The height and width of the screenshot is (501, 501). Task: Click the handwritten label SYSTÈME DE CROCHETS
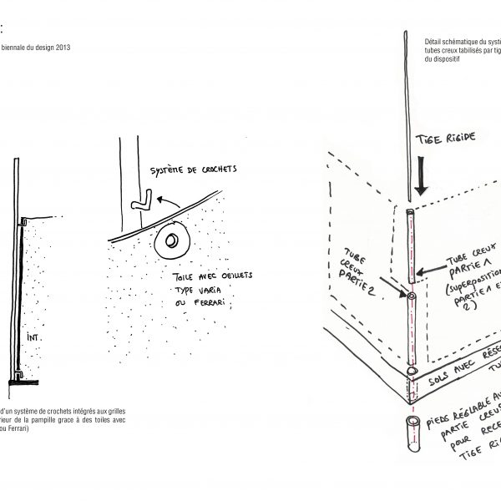(192, 170)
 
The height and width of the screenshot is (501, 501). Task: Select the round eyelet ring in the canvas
(172, 242)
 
